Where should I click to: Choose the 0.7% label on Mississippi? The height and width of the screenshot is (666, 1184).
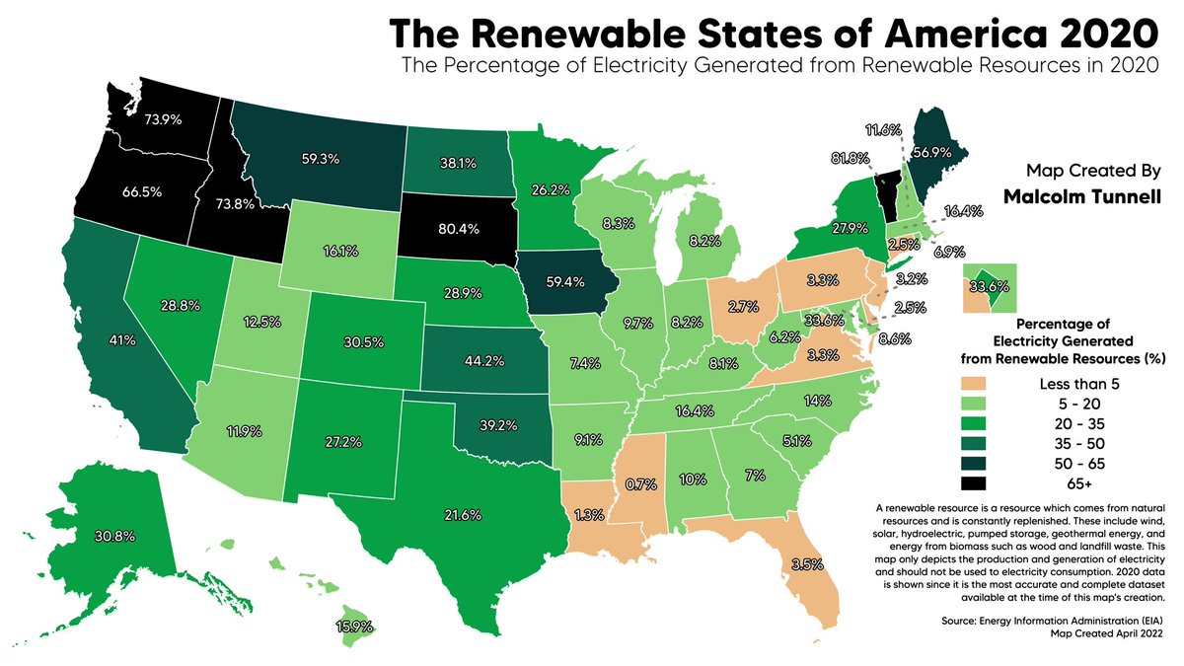point(641,484)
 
